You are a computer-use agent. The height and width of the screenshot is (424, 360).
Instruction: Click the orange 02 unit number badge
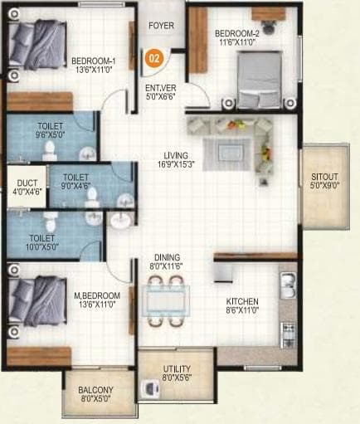(x=153, y=59)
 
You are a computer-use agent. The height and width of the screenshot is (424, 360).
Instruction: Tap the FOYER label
(x=161, y=27)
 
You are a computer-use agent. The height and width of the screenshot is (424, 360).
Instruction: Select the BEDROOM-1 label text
(x=92, y=61)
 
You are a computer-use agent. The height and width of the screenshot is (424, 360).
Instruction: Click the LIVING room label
(x=175, y=155)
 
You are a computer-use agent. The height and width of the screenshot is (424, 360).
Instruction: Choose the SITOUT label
(x=324, y=177)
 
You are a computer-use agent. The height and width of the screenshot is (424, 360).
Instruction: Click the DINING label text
(x=166, y=258)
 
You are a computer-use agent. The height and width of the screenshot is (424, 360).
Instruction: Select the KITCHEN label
(x=243, y=301)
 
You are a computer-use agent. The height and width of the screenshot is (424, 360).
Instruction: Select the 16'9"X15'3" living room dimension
(x=175, y=165)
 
